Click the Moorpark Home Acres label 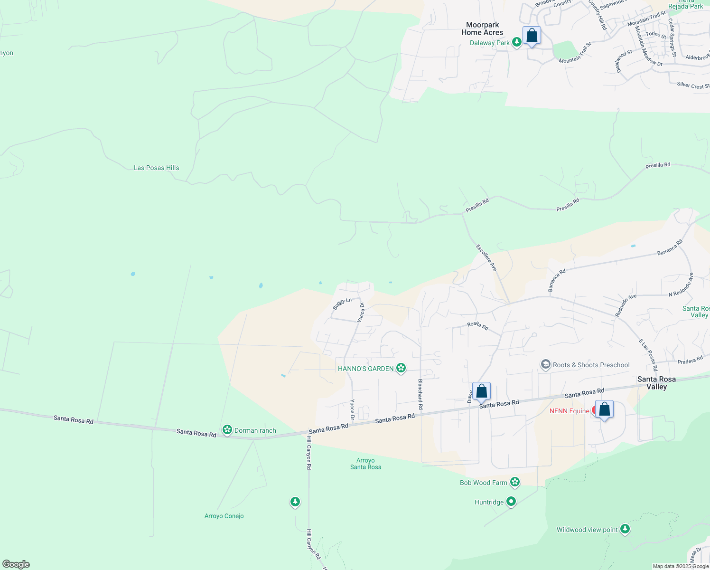click(x=482, y=28)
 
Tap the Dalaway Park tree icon click(x=517, y=43)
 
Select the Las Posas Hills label click(x=156, y=168)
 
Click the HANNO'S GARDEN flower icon click(x=401, y=368)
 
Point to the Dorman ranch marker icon click(x=227, y=430)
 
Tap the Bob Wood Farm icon click(x=515, y=483)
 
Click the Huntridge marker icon click(x=511, y=502)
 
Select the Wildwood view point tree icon click(x=625, y=529)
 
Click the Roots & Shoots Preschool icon click(x=545, y=365)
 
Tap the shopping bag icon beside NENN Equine click(x=604, y=409)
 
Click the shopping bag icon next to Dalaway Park click(x=532, y=36)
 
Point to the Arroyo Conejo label click(x=224, y=516)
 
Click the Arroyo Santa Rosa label click(x=365, y=464)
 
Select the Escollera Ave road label click(x=486, y=258)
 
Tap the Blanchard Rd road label click(x=420, y=394)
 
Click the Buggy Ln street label click(x=342, y=304)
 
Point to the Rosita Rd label click(x=477, y=325)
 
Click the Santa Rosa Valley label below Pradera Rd click(x=656, y=382)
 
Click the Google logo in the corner click(x=16, y=564)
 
